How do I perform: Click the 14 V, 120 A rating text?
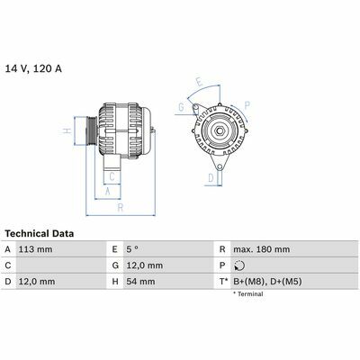pyautogui.click(x=33, y=68)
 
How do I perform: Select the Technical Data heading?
pyautogui.click(x=40, y=233)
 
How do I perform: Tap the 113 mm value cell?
pyautogui.click(x=35, y=249)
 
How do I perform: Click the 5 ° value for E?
pyautogui.click(x=132, y=249)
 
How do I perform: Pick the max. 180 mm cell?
pyautogui.click(x=262, y=249)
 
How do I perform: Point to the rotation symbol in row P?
pyautogui.click(x=239, y=265)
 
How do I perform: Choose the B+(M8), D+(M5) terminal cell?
pyautogui.click(x=267, y=282)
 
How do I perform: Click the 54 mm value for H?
pyautogui.click(x=140, y=282)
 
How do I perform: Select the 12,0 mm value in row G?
pyautogui.click(x=145, y=265)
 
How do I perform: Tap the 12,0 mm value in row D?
pyautogui.click(x=37, y=282)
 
